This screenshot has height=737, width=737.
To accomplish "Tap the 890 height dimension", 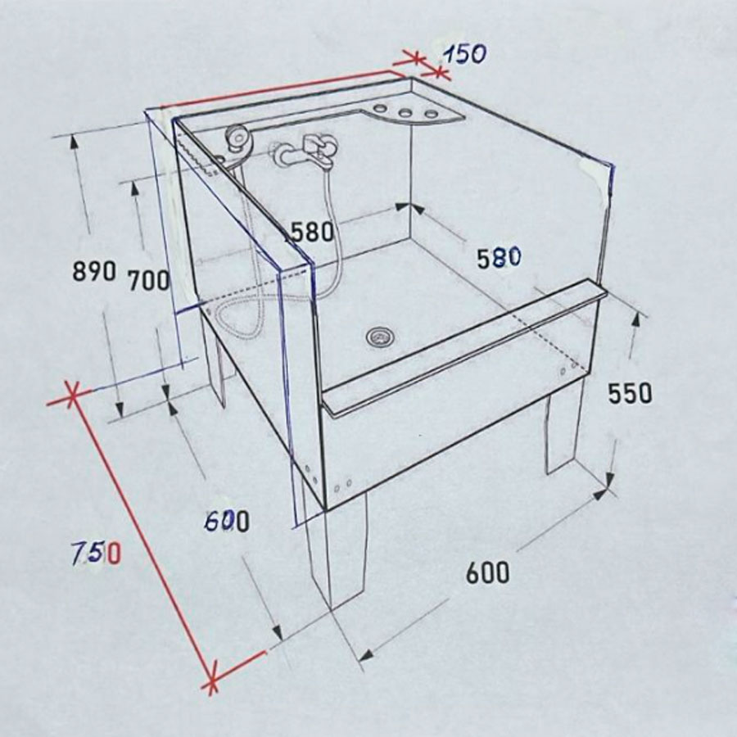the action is point(94,271).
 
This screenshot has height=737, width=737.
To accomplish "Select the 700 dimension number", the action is point(148,280).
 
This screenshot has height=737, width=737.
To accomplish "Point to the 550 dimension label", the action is point(630,393).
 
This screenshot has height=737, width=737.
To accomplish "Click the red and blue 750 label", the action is point(97,554).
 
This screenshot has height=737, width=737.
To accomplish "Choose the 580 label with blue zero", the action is point(500,258).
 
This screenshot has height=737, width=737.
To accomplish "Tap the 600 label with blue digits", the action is point(228,522).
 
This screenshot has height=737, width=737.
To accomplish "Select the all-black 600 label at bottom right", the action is point(487,572).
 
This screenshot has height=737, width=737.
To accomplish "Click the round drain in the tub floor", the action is point(380,337).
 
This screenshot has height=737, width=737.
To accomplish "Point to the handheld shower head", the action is point(237,138).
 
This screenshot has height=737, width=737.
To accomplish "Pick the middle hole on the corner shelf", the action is point(405,113).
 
